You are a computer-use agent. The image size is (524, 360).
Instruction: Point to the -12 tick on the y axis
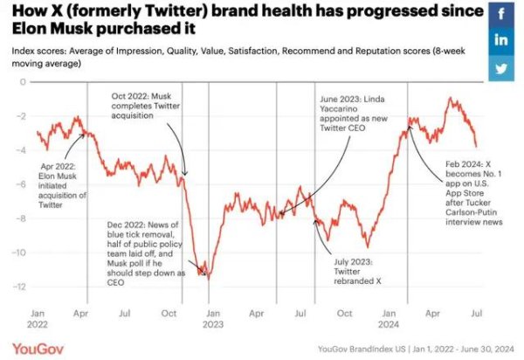(x=19, y=287)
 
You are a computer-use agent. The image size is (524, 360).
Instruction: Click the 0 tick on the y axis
(x=23, y=82)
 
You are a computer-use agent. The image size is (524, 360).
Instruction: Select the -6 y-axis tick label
(x=21, y=184)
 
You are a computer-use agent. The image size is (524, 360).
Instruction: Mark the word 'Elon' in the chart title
(x=32, y=30)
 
